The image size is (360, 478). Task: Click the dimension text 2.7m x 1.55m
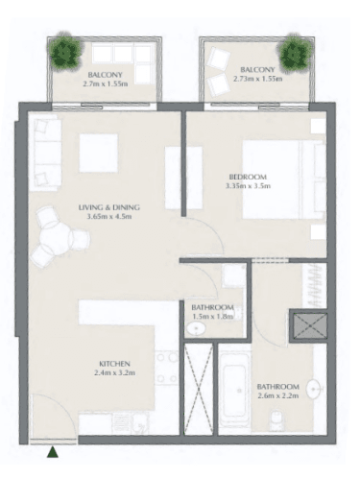(x=106, y=84)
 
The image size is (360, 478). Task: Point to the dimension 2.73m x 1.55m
(x=258, y=81)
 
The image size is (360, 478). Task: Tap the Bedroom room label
(x=248, y=176)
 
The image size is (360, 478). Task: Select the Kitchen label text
(x=113, y=364)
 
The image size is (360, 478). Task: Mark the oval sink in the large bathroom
(x=314, y=390)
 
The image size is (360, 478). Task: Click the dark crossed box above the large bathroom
(x=310, y=328)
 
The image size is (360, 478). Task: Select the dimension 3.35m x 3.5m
(x=248, y=187)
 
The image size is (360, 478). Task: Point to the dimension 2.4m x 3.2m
(x=113, y=375)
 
